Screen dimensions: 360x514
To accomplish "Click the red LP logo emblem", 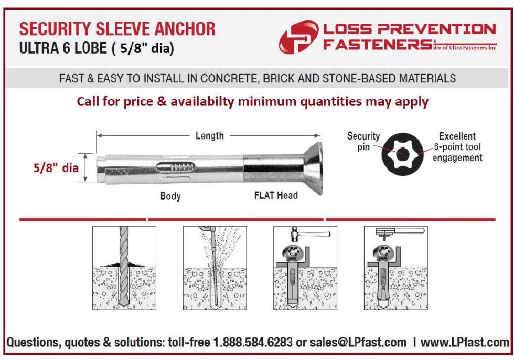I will pos(298,37).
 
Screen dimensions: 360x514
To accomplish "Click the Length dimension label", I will pos(209,136).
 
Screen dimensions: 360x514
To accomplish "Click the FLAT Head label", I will pos(276,196).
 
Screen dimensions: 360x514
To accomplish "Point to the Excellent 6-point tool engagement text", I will pos(457,147).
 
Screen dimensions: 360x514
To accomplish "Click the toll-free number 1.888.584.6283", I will pos(251,343).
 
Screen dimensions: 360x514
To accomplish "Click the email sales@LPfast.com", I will pos(358,343).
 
